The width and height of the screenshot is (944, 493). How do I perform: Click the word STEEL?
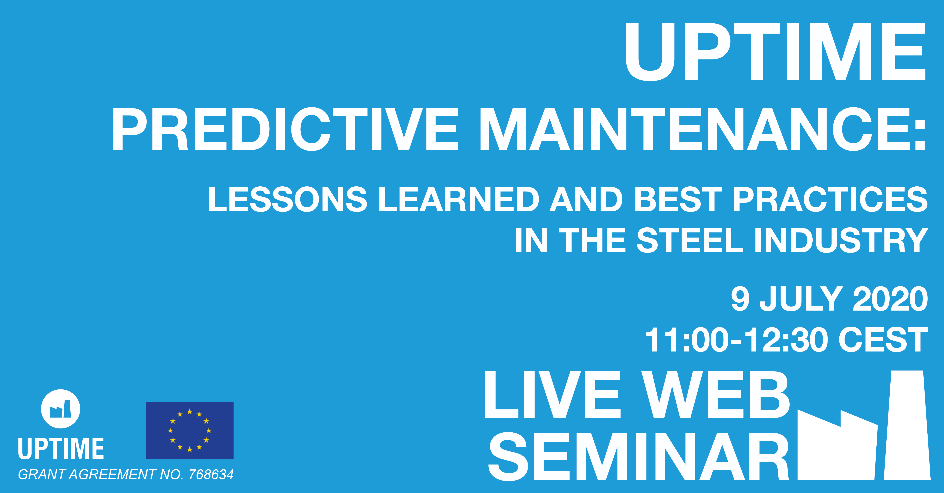(690, 240)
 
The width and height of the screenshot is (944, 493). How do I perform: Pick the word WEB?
(716, 395)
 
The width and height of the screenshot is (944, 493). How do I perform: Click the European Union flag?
(189, 430)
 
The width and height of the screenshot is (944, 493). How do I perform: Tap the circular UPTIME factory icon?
(60, 409)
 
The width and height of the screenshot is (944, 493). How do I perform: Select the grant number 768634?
(211, 475)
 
